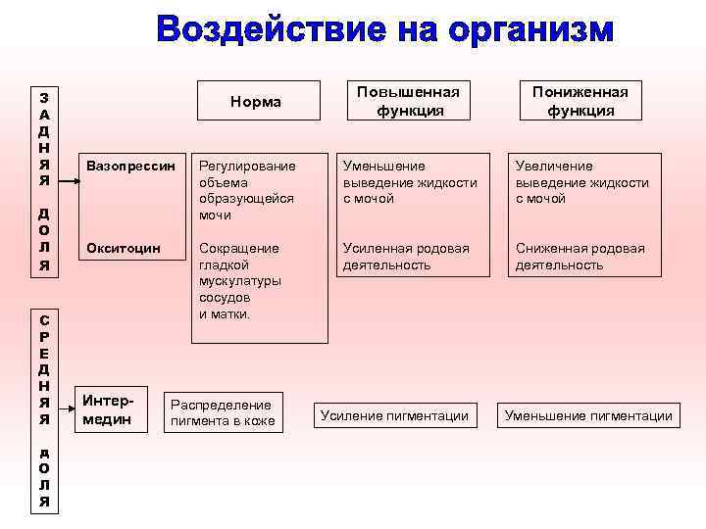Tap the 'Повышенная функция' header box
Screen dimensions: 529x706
click(408, 101)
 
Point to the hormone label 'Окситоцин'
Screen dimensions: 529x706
click(124, 248)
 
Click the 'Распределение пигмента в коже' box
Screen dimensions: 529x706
click(223, 412)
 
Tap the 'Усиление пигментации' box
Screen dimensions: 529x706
click(394, 416)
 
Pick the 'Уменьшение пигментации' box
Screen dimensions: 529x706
click(588, 416)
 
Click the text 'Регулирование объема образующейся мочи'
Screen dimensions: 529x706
click(245, 190)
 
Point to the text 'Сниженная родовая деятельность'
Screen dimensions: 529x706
click(580, 256)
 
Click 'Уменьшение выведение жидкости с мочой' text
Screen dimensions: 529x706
click(409, 182)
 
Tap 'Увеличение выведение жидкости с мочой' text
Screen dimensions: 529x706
click(582, 182)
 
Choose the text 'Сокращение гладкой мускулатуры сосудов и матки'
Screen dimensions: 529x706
click(239, 280)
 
